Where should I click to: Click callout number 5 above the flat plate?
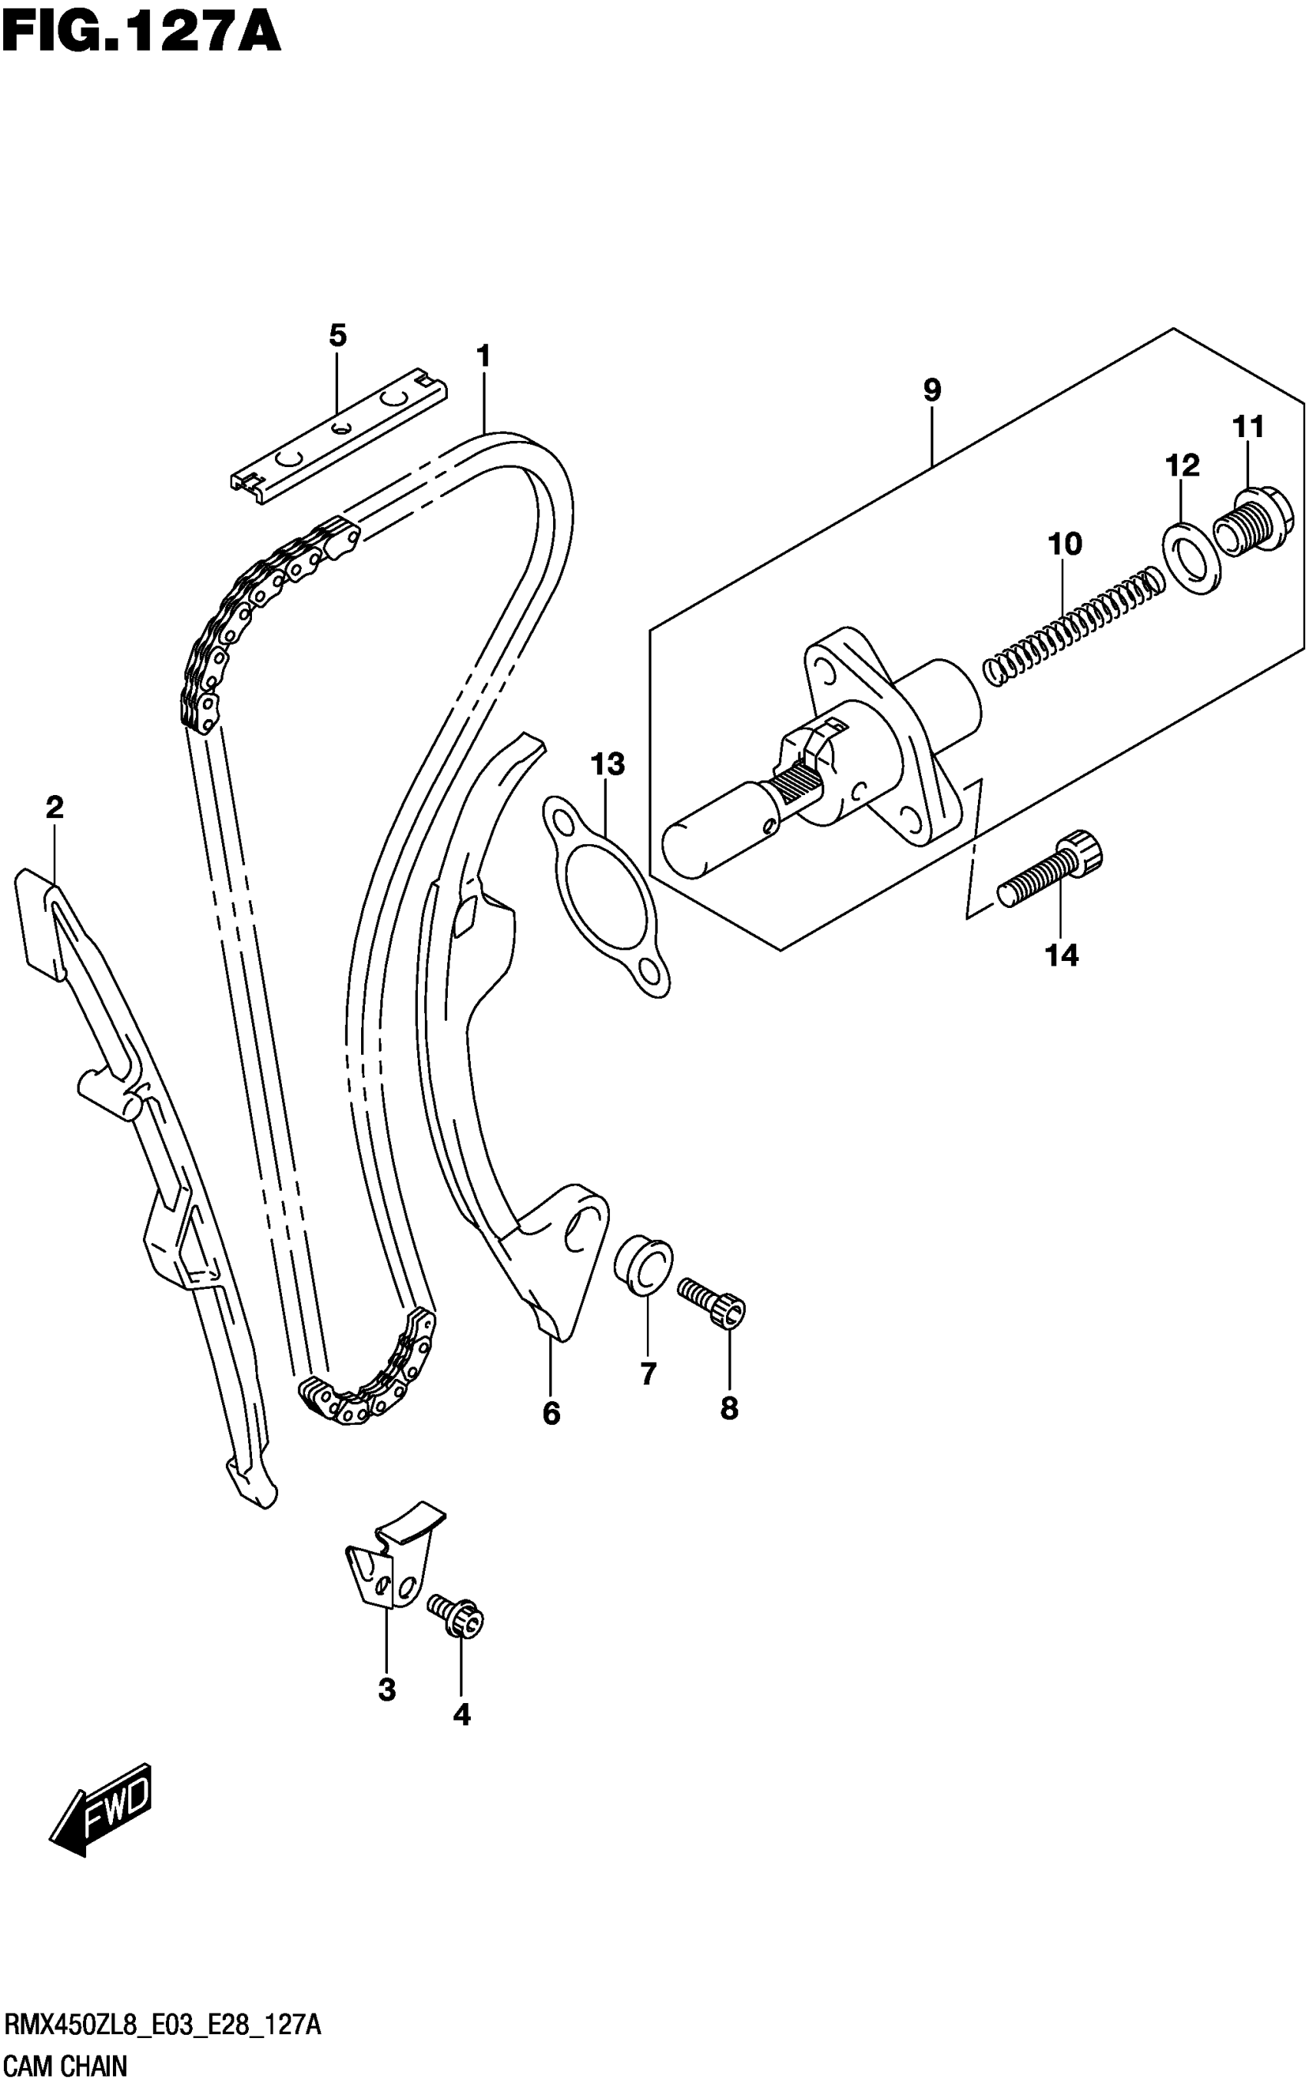[x=338, y=335]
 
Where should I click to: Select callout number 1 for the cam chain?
[x=483, y=356]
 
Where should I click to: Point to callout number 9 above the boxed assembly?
[x=931, y=390]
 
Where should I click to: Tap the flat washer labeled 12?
[x=1192, y=557]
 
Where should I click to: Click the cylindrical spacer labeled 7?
[x=644, y=1264]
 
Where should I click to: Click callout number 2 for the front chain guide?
[x=55, y=808]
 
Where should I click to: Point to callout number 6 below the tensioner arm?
[x=551, y=1414]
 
